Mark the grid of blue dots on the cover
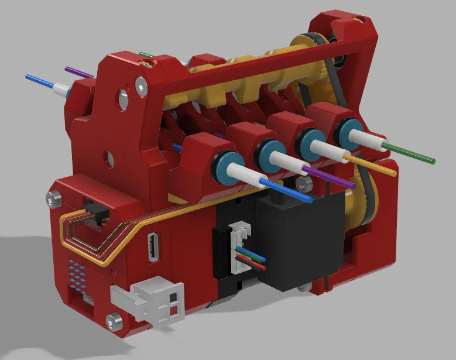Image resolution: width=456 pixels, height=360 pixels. [x=77, y=276]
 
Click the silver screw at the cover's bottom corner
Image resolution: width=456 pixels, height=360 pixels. [x=114, y=320]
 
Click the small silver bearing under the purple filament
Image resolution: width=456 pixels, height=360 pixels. [x=303, y=184]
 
